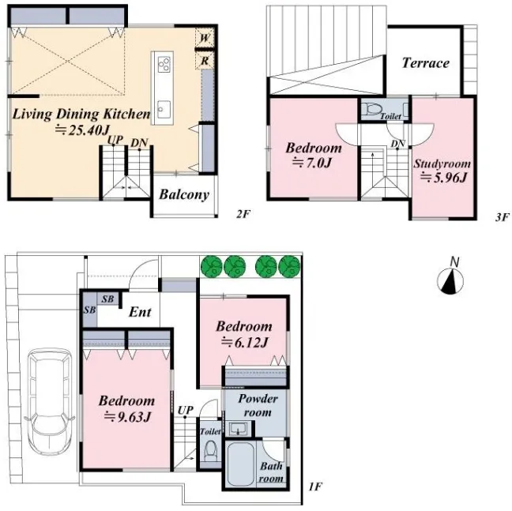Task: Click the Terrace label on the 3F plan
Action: tap(425, 62)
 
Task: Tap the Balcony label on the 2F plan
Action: tap(184, 194)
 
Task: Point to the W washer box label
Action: tap(205, 38)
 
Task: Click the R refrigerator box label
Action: tap(205, 61)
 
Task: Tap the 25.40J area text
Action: tap(81, 130)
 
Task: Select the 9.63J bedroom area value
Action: tap(127, 417)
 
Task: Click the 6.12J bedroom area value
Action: tap(245, 342)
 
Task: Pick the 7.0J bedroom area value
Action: tap(312, 163)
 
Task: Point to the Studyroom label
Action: tap(442, 163)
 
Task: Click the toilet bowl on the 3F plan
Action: tap(371, 109)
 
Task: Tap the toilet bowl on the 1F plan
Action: tap(211, 450)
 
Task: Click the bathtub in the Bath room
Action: tap(242, 464)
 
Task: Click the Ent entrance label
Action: tap(140, 312)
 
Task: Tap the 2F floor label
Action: tap(243, 214)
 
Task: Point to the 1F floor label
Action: tap(315, 487)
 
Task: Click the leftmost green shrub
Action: tap(212, 266)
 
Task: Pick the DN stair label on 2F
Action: tap(139, 143)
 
